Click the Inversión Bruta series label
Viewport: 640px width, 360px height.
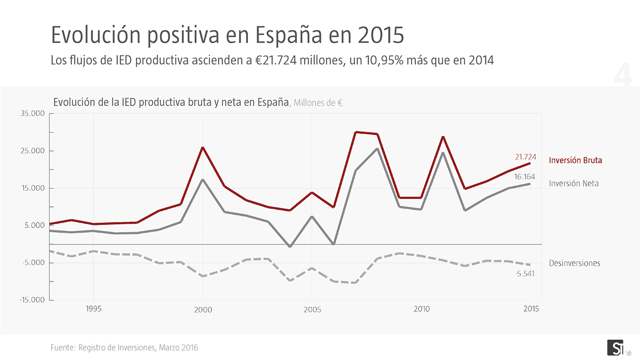pos(575,160)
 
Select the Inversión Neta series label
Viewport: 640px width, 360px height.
pos(573,183)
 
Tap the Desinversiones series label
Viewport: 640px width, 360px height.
pos(574,263)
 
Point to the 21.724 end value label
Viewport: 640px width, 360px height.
pos(525,157)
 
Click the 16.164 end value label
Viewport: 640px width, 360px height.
pos(524,177)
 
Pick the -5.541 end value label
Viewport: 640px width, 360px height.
pos(525,273)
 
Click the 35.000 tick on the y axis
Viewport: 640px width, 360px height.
pos(33,114)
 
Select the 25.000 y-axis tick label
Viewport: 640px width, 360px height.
pos(33,151)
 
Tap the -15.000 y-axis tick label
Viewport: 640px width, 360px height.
pos(32,300)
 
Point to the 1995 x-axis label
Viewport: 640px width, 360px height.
pos(93,309)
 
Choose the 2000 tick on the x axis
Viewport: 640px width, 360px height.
pos(202,309)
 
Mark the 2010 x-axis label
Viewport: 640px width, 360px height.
pos(421,309)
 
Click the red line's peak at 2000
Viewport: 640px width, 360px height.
pos(202,147)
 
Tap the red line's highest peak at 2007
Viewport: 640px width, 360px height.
pos(355,132)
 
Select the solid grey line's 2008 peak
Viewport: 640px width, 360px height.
pos(377,148)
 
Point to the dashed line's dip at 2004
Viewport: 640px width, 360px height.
pos(290,280)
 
